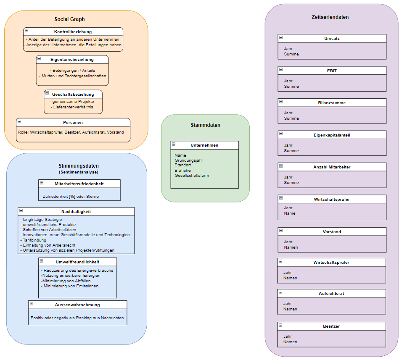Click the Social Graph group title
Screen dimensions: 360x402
click(69, 19)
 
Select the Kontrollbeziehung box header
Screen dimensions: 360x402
click(73, 32)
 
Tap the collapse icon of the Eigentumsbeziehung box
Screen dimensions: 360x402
click(39, 59)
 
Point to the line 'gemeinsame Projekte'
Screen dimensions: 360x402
click(72, 101)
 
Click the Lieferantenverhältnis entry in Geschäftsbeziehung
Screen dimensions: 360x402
click(73, 107)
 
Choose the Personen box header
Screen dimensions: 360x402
click(73, 122)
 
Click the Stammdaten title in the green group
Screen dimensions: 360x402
click(205, 125)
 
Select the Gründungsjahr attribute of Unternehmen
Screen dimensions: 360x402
click(189, 160)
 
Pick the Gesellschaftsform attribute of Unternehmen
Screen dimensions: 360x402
click(192, 175)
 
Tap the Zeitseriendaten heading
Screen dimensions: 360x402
click(330, 17)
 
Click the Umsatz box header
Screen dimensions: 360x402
click(332, 38)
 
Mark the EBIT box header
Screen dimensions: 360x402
click(332, 71)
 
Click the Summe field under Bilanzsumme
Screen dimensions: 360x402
click(291, 118)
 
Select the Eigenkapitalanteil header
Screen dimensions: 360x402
click(332, 135)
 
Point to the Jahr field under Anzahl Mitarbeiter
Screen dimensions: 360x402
click(288, 177)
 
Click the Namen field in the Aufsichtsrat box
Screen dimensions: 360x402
click(290, 309)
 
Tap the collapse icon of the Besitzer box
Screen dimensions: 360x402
click(280, 325)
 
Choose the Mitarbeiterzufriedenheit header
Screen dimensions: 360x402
click(79, 184)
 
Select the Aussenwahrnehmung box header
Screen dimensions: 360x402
click(77, 305)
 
